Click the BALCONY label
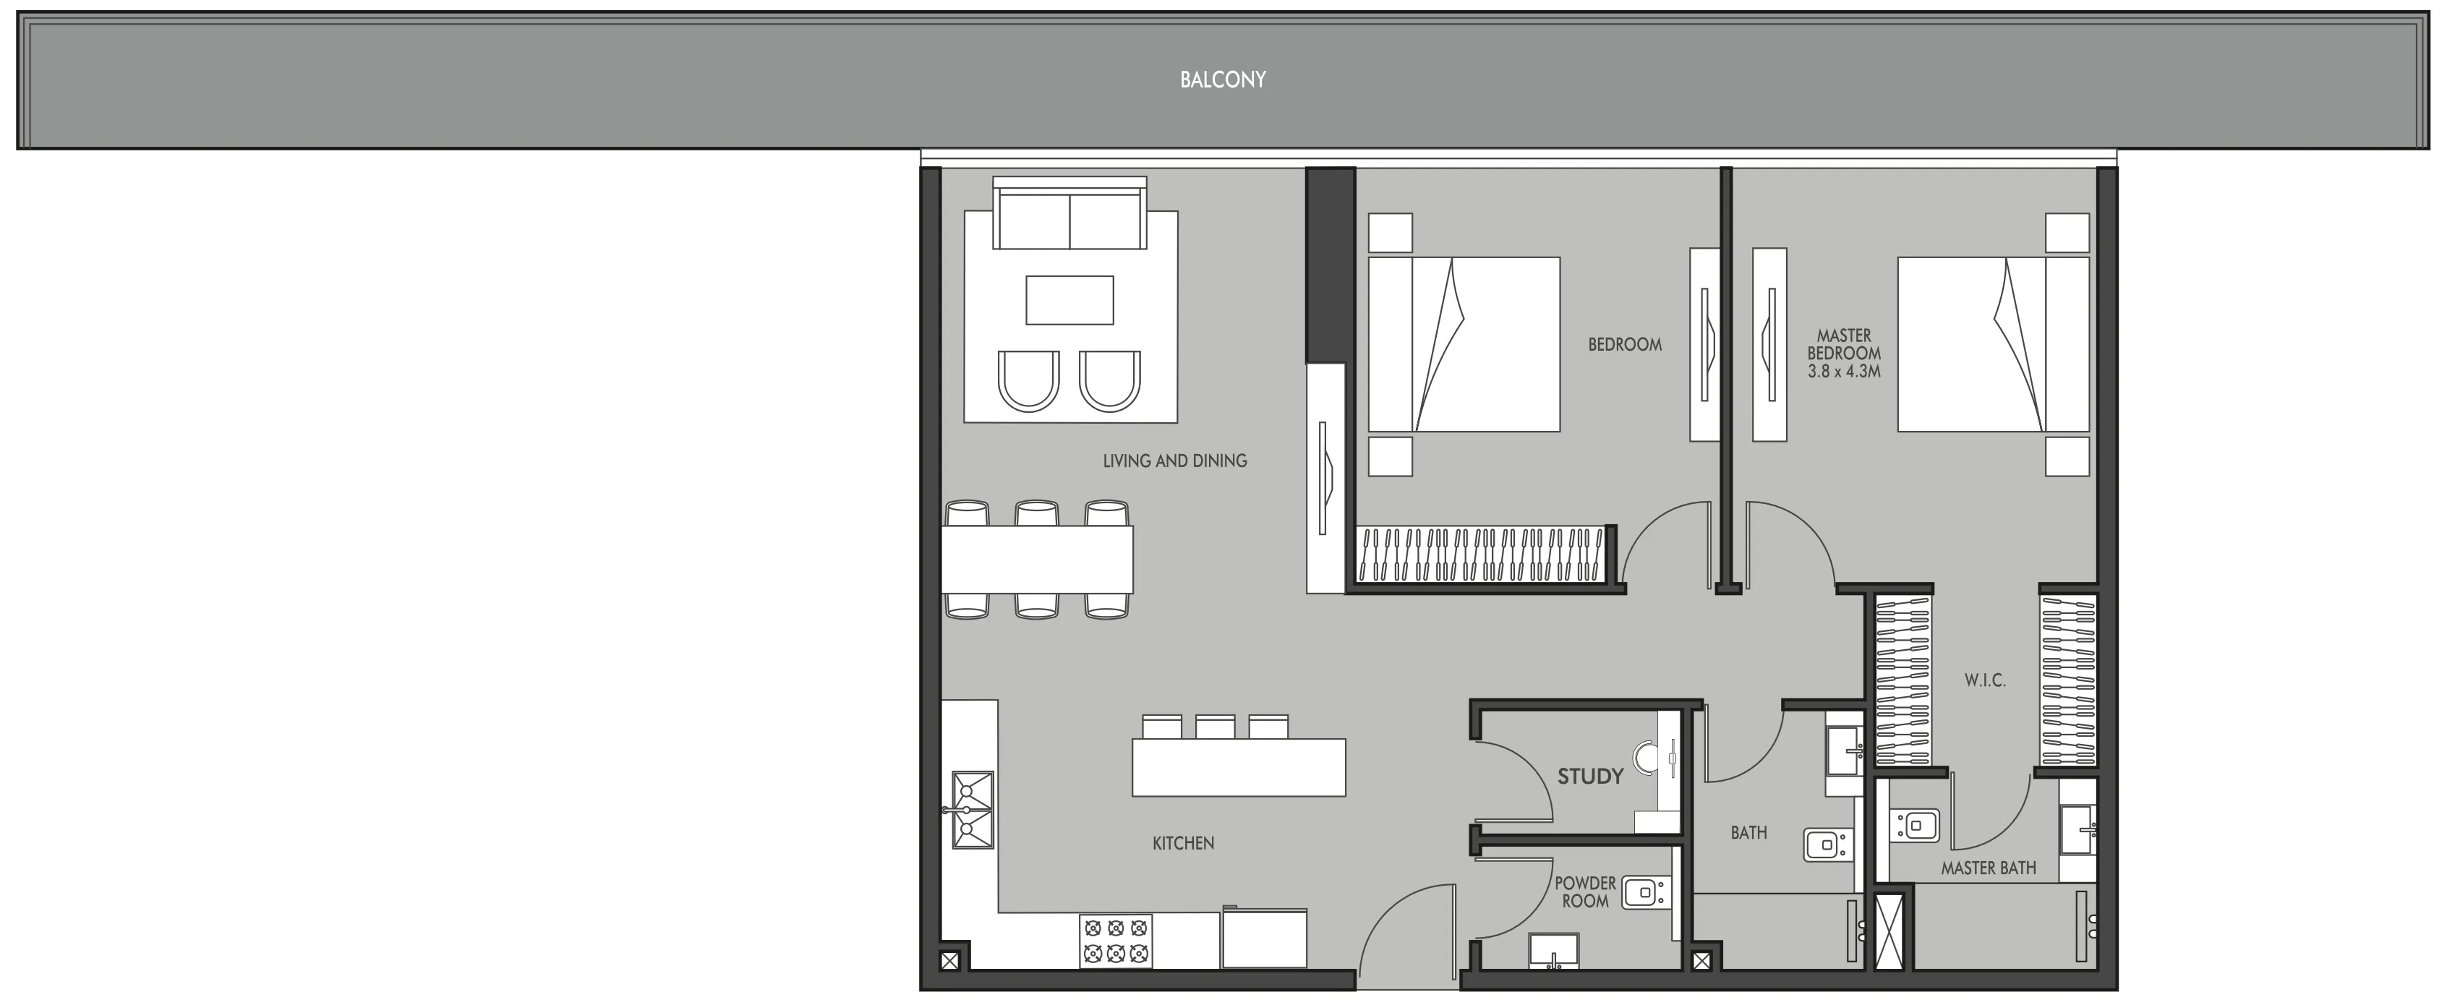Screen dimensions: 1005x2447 click(x=1223, y=80)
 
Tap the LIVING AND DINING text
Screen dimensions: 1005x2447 click(x=1174, y=461)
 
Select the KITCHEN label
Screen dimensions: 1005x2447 click(x=1183, y=842)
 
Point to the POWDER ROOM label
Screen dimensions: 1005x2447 click(x=1584, y=892)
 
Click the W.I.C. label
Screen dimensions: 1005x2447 click(x=1984, y=680)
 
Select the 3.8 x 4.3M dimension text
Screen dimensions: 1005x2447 click(x=1844, y=372)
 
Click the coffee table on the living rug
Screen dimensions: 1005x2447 click(x=1069, y=300)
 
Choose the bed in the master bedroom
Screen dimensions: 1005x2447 click(x=1992, y=344)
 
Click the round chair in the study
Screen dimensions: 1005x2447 click(x=1647, y=757)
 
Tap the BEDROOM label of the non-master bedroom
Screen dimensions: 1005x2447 click(x=1624, y=345)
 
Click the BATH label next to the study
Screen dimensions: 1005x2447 click(x=1748, y=833)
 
